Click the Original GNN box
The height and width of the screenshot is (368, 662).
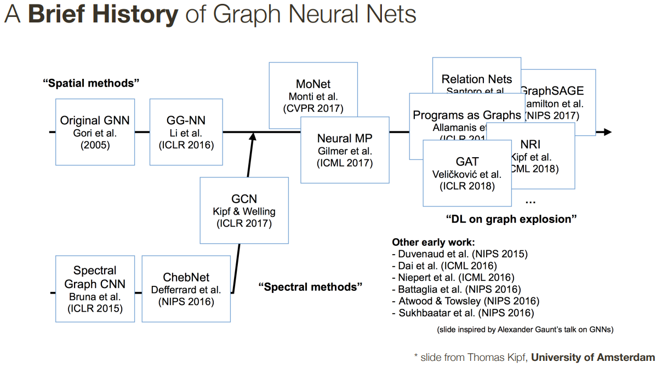click(x=95, y=132)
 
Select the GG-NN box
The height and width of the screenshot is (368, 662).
click(x=186, y=132)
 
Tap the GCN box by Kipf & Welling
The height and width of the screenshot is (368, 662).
click(x=244, y=210)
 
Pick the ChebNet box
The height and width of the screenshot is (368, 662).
click(x=186, y=289)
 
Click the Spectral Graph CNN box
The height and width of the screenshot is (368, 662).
click(x=95, y=289)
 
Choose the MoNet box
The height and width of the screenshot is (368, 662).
click(x=313, y=95)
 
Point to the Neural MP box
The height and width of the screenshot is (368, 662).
click(x=345, y=150)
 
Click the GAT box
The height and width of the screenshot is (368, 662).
click(x=467, y=173)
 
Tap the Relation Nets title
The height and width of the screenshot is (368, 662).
click(x=477, y=79)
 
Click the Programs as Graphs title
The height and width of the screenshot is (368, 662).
click(x=467, y=115)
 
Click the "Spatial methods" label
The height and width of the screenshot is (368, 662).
click(x=91, y=83)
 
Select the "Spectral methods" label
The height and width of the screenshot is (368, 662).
click(x=311, y=287)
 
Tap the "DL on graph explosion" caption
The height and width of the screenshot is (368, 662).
click(x=511, y=219)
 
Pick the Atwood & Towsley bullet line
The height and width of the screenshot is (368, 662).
click(x=466, y=301)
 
